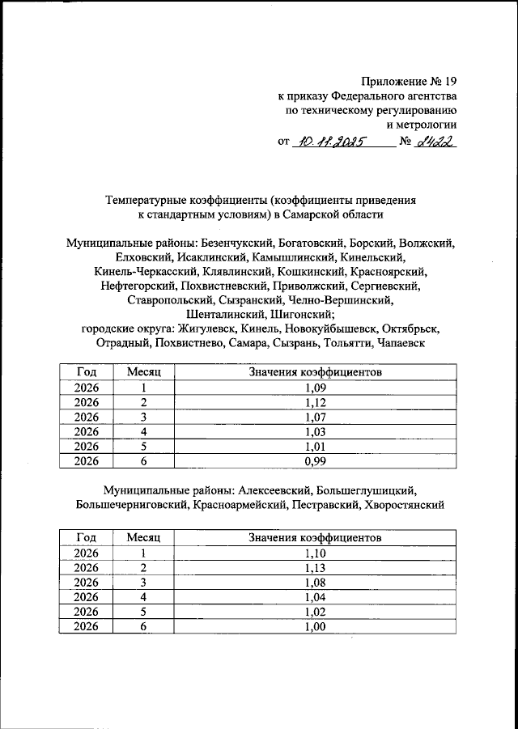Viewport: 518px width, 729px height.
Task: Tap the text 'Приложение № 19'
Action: tap(409, 82)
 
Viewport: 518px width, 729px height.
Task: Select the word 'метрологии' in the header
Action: tap(422, 125)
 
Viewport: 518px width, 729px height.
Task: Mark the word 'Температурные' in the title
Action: tap(146, 199)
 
